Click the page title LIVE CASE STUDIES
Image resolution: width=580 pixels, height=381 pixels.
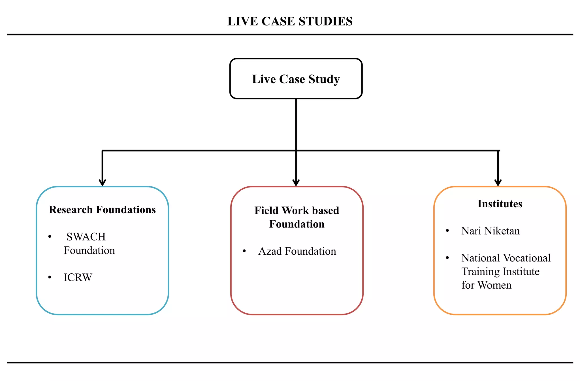[290, 22]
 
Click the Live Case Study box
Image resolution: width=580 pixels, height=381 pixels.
[296, 79]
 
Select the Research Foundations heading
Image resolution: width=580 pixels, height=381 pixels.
[102, 210]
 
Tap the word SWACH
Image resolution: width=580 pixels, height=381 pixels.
[86, 237]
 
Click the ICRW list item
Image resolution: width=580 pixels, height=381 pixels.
[78, 277]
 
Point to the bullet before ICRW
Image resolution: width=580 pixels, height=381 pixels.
[50, 277]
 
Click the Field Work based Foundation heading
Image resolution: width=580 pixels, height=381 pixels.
[297, 217]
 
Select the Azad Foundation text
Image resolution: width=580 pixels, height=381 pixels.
[297, 251]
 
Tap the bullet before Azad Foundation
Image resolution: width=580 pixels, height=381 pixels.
[244, 251]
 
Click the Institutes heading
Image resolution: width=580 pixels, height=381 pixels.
[500, 204]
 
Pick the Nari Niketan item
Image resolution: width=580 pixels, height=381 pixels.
[490, 231]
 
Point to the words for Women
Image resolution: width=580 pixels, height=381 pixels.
[486, 285]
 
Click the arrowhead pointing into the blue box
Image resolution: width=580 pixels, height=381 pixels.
[103, 182]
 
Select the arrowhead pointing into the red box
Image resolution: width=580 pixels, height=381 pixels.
[296, 182]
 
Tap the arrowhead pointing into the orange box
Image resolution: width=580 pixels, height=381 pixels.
[498, 182]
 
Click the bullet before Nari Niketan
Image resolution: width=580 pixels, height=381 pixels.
[447, 231]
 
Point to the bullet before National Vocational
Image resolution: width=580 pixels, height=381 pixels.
[447, 258]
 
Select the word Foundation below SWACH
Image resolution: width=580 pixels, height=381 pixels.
[89, 250]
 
